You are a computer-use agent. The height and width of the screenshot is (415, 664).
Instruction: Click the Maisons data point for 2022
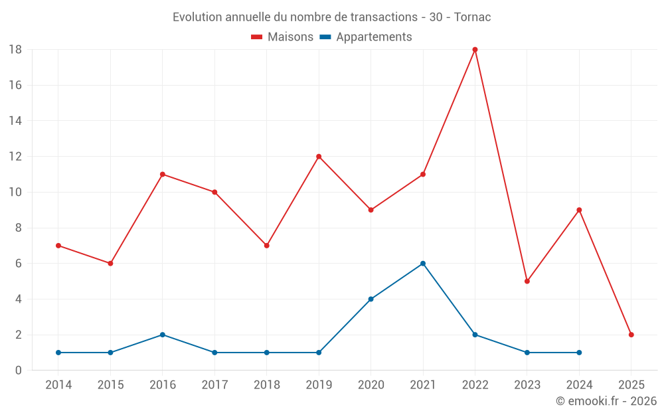coord(475,50)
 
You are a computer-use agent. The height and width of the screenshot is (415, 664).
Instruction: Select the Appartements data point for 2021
coord(423,264)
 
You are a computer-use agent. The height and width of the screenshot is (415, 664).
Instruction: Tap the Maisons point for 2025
coord(631,335)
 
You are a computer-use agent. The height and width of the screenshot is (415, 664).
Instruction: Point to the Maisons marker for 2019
coord(319,157)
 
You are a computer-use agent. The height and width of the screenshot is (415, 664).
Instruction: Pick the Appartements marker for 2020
coord(371,299)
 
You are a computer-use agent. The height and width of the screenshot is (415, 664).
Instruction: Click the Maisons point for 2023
coord(527,281)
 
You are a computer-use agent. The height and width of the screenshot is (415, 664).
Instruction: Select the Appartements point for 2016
coord(163,335)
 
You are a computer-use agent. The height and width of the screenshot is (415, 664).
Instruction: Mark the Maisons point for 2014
coord(58,246)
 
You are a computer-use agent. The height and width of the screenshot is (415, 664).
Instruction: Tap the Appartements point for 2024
coord(579,353)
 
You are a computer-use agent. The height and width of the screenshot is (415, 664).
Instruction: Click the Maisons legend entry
coord(282,37)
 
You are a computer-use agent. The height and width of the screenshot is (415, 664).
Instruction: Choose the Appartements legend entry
coord(366,37)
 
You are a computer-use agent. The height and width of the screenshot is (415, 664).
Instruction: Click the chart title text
coord(332,17)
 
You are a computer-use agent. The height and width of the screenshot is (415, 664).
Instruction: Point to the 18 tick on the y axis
coord(15,50)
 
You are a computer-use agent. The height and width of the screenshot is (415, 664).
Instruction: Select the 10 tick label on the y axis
coord(15,193)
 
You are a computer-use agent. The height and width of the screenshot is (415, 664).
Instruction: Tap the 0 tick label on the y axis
coord(19,371)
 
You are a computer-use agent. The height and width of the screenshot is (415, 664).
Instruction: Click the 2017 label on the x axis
coord(214,385)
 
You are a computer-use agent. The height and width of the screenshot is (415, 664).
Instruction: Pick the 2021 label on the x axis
coord(423,385)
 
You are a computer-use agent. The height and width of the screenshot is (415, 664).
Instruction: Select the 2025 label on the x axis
coord(631,385)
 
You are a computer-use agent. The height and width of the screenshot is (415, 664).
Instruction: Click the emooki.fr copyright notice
coord(606,401)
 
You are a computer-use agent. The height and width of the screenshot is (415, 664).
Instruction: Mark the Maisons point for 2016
coord(163,175)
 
